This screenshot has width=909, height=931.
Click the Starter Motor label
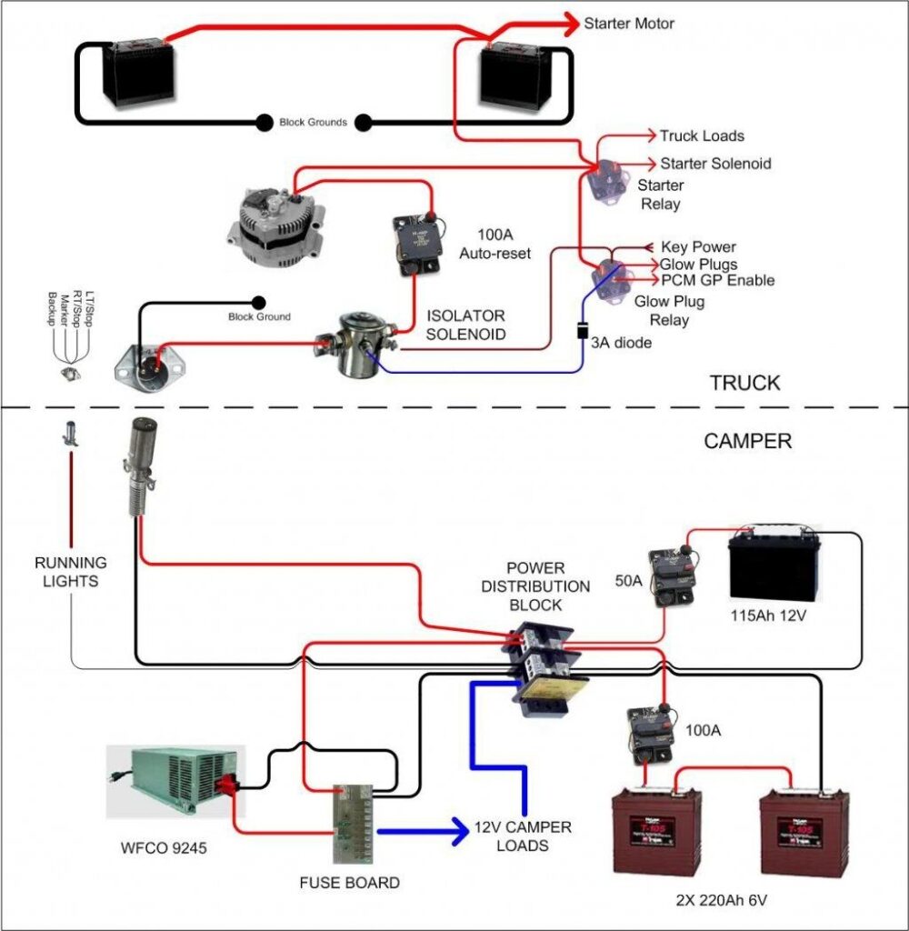[x=629, y=23]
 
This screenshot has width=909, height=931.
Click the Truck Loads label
[x=701, y=136]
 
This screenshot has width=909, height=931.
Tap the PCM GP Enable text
[x=717, y=280]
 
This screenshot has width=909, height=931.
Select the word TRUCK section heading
[x=744, y=383]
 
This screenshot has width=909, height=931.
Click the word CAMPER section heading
[x=747, y=442]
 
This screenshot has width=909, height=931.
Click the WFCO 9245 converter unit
[x=173, y=781]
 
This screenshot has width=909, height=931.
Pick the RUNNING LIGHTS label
[x=71, y=571]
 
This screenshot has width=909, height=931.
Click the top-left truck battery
[x=141, y=72]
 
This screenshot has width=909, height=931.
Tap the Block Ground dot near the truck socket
[x=258, y=302]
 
